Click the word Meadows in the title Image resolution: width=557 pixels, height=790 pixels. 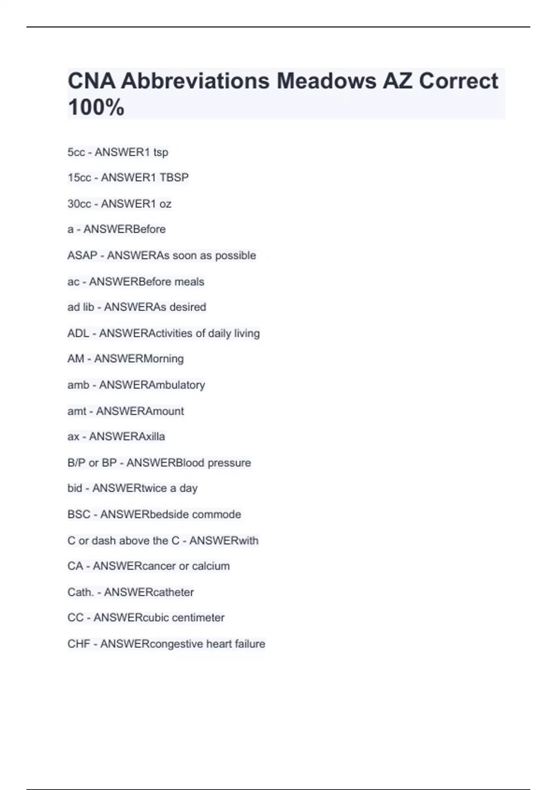point(326,81)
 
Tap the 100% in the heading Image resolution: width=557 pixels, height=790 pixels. point(96,107)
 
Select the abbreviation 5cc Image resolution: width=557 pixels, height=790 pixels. point(76,152)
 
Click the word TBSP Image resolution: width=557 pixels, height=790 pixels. point(174,178)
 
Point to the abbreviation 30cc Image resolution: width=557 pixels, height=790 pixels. point(79,204)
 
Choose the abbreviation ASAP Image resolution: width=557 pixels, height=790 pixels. point(82,256)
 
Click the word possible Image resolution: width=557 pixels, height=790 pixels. point(235,256)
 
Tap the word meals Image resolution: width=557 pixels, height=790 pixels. point(189,282)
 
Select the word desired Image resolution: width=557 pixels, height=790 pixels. point(188,307)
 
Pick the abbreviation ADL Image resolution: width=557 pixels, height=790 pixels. point(78,333)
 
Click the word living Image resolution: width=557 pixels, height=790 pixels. point(246,333)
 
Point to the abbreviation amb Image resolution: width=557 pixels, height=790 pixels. point(78,385)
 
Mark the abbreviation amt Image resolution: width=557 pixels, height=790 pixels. point(77,411)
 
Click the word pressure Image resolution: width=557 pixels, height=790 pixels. point(229,463)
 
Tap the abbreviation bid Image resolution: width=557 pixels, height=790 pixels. point(75,488)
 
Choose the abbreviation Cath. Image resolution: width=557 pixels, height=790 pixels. point(80,592)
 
